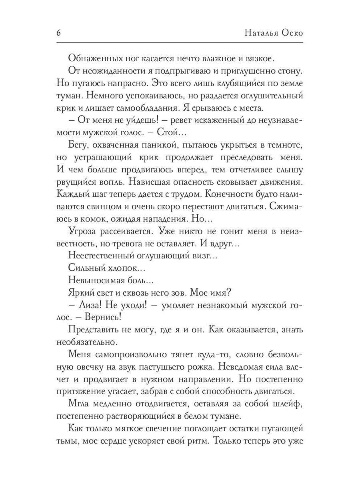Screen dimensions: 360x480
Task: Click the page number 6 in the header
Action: [59, 33]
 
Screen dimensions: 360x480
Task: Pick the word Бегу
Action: [78, 146]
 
